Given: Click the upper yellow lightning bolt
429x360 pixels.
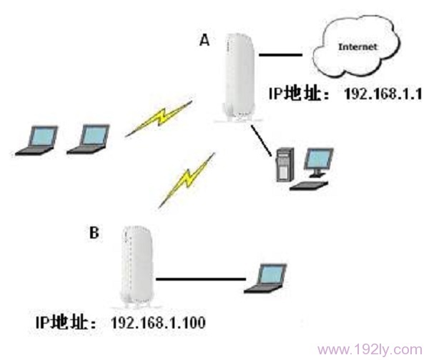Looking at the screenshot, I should (159, 118).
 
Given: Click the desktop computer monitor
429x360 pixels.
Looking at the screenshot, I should (318, 161).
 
